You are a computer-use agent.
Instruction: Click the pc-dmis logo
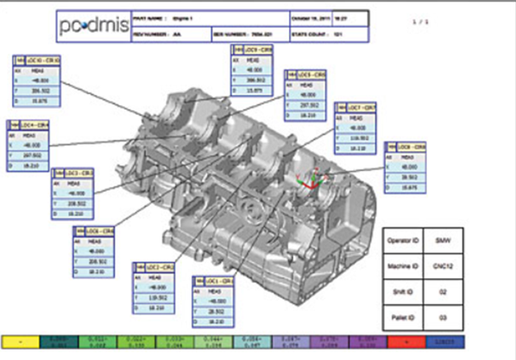pos(96,28)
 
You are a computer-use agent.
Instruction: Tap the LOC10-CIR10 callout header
pos(38,60)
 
